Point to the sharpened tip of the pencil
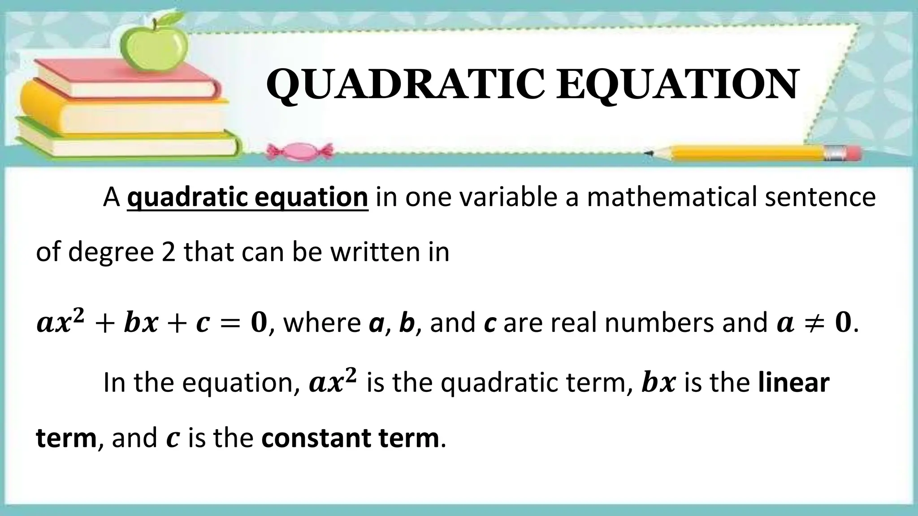click(x=648, y=153)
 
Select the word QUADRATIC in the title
click(x=405, y=85)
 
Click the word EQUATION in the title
click(x=677, y=85)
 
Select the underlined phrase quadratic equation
click(x=247, y=197)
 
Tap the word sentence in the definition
click(x=820, y=197)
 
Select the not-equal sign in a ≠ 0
click(x=813, y=323)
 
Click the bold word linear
click(x=793, y=383)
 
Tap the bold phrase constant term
click(x=350, y=438)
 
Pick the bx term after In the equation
click(x=658, y=383)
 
